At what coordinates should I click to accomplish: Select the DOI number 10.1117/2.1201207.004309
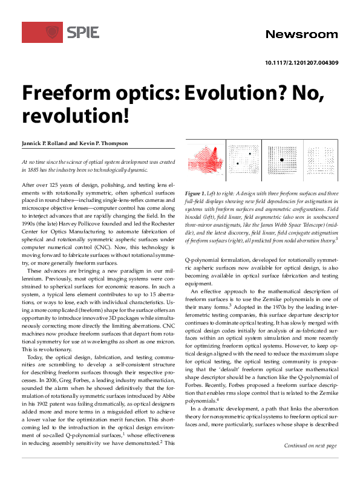(301, 63)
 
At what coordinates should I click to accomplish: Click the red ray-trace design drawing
(205, 163)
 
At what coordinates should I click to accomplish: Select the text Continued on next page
(310, 462)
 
